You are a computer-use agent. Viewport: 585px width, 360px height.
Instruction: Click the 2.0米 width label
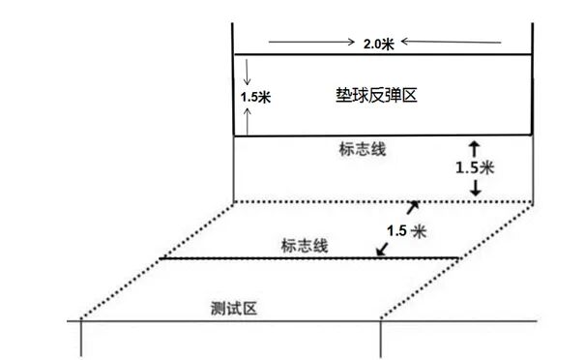[378, 44]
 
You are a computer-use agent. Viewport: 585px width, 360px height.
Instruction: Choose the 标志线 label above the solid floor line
[305, 246]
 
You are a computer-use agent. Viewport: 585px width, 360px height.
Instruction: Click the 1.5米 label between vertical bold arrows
[474, 167]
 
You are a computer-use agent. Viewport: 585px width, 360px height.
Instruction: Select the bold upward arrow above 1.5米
[474, 147]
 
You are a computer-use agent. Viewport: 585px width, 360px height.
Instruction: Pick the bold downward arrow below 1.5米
[474, 189]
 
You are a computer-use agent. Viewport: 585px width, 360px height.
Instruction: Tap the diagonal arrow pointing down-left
[383, 250]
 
